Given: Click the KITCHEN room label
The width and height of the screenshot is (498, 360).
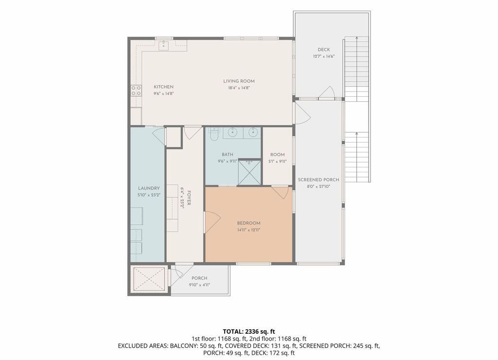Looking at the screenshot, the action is tap(163, 87).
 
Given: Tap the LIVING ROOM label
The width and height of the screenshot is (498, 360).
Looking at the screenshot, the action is tap(239, 81).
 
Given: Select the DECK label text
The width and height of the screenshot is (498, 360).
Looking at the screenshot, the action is tap(323, 50).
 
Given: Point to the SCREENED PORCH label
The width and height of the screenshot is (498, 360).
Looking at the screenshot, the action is tap(318, 180).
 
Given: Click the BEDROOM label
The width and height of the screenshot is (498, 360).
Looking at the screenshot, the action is tap(249, 223).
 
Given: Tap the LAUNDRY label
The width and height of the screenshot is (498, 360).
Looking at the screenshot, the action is tap(149, 188).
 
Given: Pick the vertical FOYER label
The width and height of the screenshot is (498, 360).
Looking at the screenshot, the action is tap(189, 198).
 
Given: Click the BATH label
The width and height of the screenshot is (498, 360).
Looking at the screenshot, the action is tap(228, 154).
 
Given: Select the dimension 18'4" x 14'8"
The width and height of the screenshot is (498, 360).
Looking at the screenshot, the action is tap(239, 88).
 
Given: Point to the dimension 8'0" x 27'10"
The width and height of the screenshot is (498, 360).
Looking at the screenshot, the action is tap(318, 186).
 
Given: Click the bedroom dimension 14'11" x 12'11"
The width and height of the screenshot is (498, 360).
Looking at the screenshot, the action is tap(249, 230).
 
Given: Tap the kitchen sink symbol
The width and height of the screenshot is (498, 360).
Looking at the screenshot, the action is tap(163, 45).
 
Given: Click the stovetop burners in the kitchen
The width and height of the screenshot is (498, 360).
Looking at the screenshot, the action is tap(136, 90).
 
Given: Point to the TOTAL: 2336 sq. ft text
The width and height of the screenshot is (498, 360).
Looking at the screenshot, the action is tap(249, 332).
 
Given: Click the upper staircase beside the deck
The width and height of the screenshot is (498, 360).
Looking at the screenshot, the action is tap(356, 69).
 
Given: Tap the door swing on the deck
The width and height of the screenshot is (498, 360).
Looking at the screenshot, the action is tap(327, 92).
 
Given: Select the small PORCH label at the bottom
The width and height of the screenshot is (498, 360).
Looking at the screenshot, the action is tap(199, 278).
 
